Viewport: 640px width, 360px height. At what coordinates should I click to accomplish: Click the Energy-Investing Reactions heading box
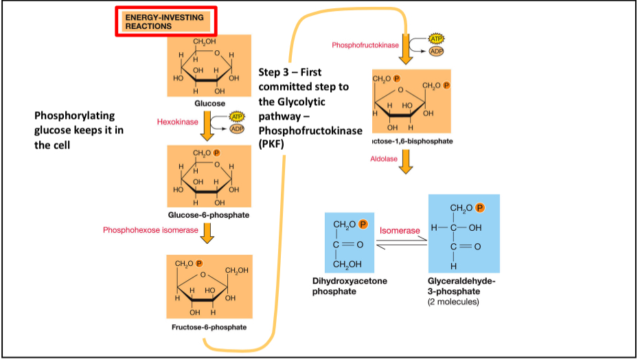(x=165, y=21)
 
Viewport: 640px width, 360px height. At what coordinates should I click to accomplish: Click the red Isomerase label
(x=399, y=231)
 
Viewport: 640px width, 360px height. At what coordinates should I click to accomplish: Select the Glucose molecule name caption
(x=209, y=103)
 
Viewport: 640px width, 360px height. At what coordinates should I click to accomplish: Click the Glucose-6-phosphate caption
(x=209, y=214)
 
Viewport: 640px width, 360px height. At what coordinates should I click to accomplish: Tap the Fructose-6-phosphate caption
(x=209, y=326)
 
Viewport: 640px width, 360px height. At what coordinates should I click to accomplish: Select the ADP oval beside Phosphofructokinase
(x=437, y=51)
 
